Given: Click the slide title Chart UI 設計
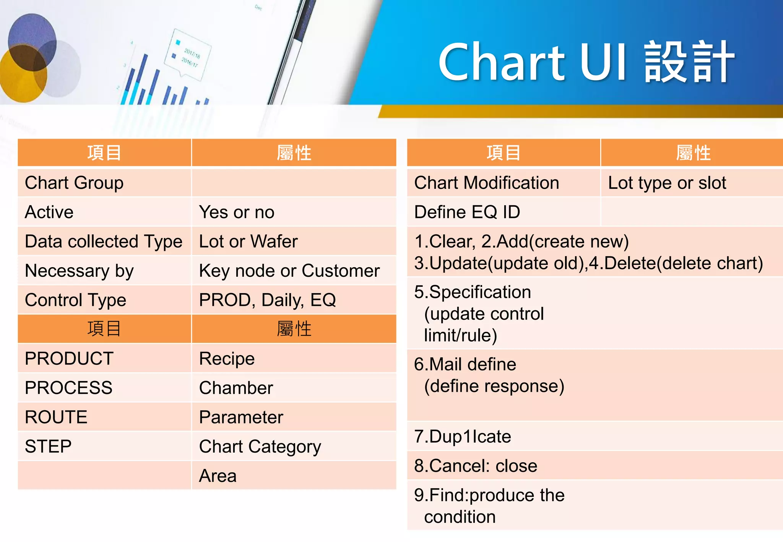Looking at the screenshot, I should coord(586,62).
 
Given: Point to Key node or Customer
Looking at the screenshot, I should coord(289,271).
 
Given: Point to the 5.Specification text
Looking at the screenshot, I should coord(473,292).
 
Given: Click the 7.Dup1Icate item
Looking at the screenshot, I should coord(463,437).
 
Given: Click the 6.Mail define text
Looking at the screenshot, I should coord(465,364).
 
